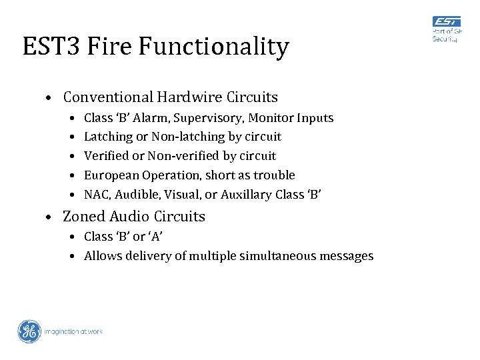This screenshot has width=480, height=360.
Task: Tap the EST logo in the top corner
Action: [x=447, y=23]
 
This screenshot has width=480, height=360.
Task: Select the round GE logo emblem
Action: [x=29, y=331]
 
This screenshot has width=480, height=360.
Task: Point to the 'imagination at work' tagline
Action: [x=73, y=331]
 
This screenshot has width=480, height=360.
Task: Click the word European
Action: [x=110, y=175]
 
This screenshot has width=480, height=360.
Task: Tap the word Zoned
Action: [x=84, y=217]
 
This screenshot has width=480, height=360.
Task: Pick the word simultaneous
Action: [x=282, y=256]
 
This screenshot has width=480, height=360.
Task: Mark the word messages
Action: [x=347, y=256]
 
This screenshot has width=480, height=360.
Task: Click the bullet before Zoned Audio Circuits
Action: [x=50, y=217]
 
